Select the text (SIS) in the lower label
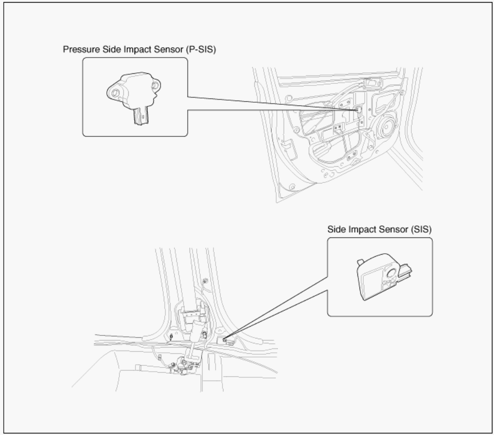tap(421, 230)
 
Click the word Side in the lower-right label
tap(336, 230)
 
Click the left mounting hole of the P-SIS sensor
tap(115, 93)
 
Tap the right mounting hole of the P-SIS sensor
tap(155, 85)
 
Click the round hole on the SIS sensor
tap(391, 273)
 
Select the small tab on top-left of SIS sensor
tap(361, 262)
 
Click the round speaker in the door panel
tap(387, 127)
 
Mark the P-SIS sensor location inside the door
tap(358, 111)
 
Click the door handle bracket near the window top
tap(373, 83)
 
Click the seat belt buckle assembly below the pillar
tap(186, 366)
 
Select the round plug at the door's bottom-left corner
tap(292, 187)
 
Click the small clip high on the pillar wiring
tap(205, 281)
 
